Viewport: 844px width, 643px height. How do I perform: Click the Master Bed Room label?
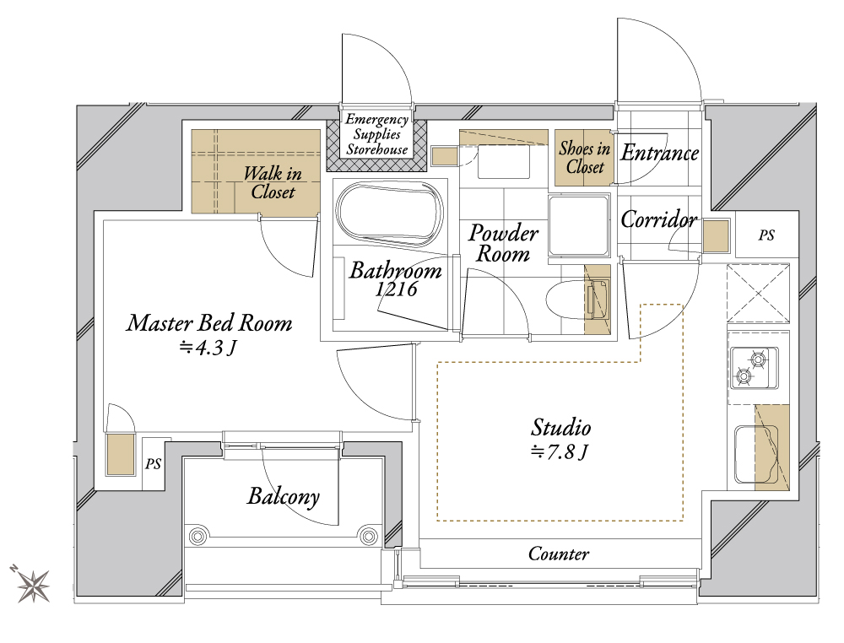point(209,323)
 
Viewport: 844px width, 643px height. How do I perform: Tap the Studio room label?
point(561,427)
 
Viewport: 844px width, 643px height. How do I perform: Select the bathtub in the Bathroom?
point(392,214)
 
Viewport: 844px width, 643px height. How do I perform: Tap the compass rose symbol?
point(32,584)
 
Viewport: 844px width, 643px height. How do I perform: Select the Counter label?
point(559,554)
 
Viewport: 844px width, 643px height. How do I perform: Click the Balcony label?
point(284,497)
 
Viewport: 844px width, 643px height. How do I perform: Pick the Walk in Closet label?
point(273,182)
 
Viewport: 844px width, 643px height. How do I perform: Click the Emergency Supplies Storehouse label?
point(376,134)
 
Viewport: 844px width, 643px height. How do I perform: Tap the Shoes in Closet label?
point(585,157)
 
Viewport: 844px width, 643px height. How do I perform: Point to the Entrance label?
point(660,153)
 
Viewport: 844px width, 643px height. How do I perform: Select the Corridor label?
point(659,219)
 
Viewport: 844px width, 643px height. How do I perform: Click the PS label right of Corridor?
point(766,235)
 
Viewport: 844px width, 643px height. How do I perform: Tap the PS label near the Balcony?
point(154,463)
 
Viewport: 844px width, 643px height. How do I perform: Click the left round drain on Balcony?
point(197,536)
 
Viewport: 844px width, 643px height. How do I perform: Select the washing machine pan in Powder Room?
point(579,225)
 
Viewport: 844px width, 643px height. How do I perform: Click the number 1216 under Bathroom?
point(396,289)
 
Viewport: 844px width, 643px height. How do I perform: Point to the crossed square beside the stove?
point(758,294)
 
